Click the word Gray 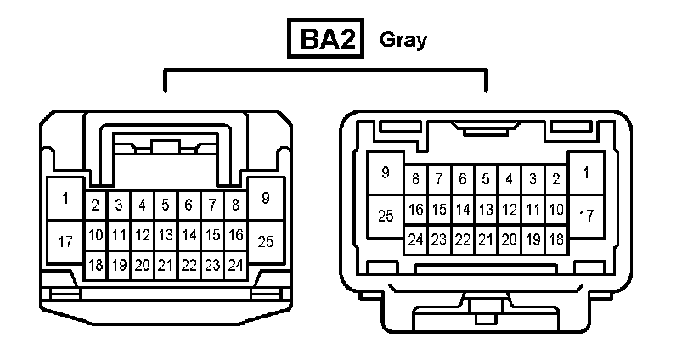[403, 39]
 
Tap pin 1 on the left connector [65, 199]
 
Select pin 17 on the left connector [65, 242]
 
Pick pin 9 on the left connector [266, 199]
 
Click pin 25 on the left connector [266, 242]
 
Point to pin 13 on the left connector [166, 234]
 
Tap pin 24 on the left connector [235, 265]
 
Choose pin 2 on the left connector [96, 205]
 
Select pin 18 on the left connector [96, 265]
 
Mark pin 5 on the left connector [166, 205]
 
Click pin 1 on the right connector [586, 173]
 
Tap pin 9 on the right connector [386, 173]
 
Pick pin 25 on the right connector [386, 216]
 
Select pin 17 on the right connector [586, 216]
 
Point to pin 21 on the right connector [486, 239]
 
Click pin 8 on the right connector [416, 179]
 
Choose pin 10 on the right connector [556, 209]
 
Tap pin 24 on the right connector [416, 239]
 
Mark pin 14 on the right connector [463, 209]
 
